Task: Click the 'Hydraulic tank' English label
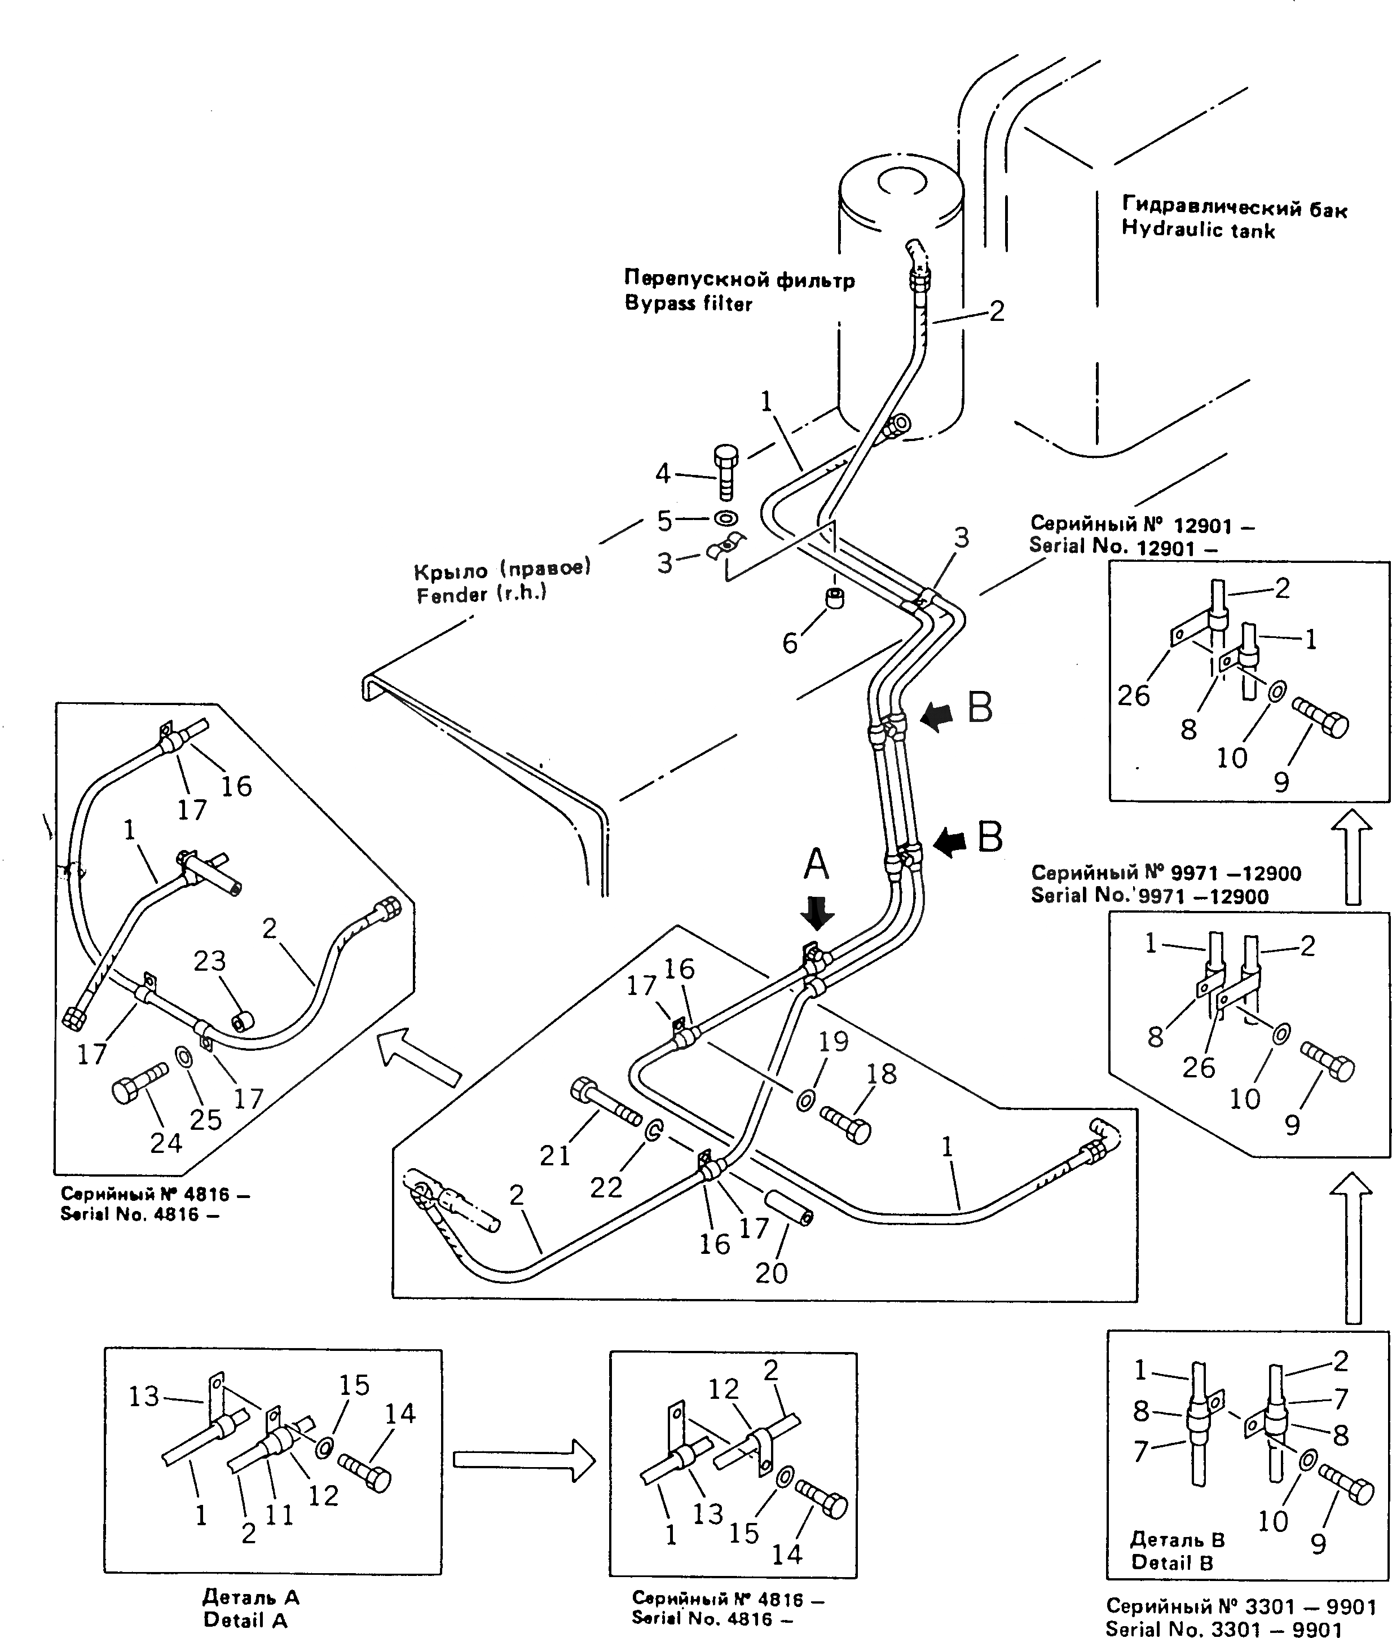click(x=1198, y=230)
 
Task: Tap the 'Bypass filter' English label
click(x=688, y=304)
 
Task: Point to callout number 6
click(x=790, y=644)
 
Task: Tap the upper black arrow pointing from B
click(x=937, y=717)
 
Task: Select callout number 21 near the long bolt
click(x=555, y=1156)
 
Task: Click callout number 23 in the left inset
click(x=210, y=961)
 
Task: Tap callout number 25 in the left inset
click(x=206, y=1119)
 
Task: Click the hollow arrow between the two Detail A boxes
click(x=524, y=1460)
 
